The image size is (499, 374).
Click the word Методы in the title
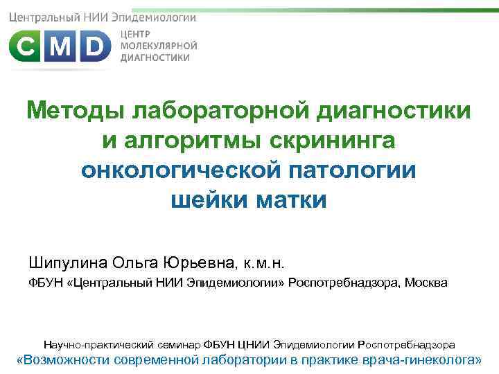[x=76, y=111]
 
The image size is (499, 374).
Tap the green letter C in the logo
[x=27, y=48]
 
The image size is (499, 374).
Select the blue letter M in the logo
[x=60, y=48]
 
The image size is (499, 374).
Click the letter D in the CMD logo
[x=94, y=48]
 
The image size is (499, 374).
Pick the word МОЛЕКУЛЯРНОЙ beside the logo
[x=159, y=46]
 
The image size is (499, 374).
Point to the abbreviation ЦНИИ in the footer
[x=255, y=344]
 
